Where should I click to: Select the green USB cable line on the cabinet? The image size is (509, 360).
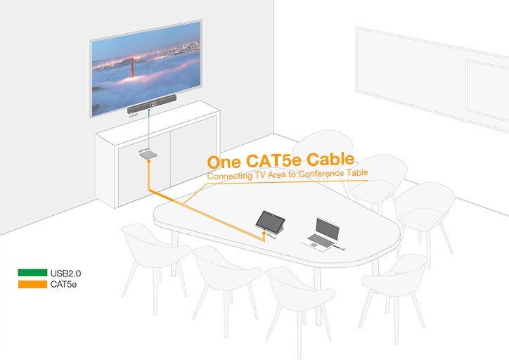149,130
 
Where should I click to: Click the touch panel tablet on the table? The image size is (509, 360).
273,221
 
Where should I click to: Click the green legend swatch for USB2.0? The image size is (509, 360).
32,271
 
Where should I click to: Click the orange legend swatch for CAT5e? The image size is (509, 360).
32,283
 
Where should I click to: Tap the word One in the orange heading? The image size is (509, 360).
224,162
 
